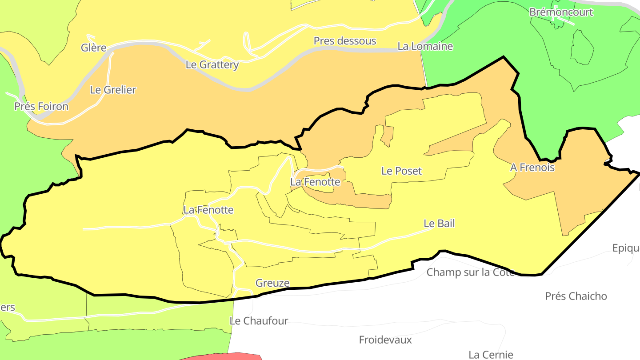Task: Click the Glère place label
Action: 94,48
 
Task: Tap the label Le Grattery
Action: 212,64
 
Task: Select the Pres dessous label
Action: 345,41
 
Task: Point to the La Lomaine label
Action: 425,46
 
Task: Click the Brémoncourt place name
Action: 561,12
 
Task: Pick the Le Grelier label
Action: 113,89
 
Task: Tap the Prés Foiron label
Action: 41,106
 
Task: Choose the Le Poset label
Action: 401,171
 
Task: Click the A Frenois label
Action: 532,168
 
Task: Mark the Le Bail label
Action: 439,223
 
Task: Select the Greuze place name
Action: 272,283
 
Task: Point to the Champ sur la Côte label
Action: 470,272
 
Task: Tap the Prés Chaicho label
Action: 576,296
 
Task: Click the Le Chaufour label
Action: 259,320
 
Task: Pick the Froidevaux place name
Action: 385,340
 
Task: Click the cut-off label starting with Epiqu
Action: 626,248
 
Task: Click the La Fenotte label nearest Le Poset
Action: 315,182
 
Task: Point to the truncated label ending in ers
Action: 8,307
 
